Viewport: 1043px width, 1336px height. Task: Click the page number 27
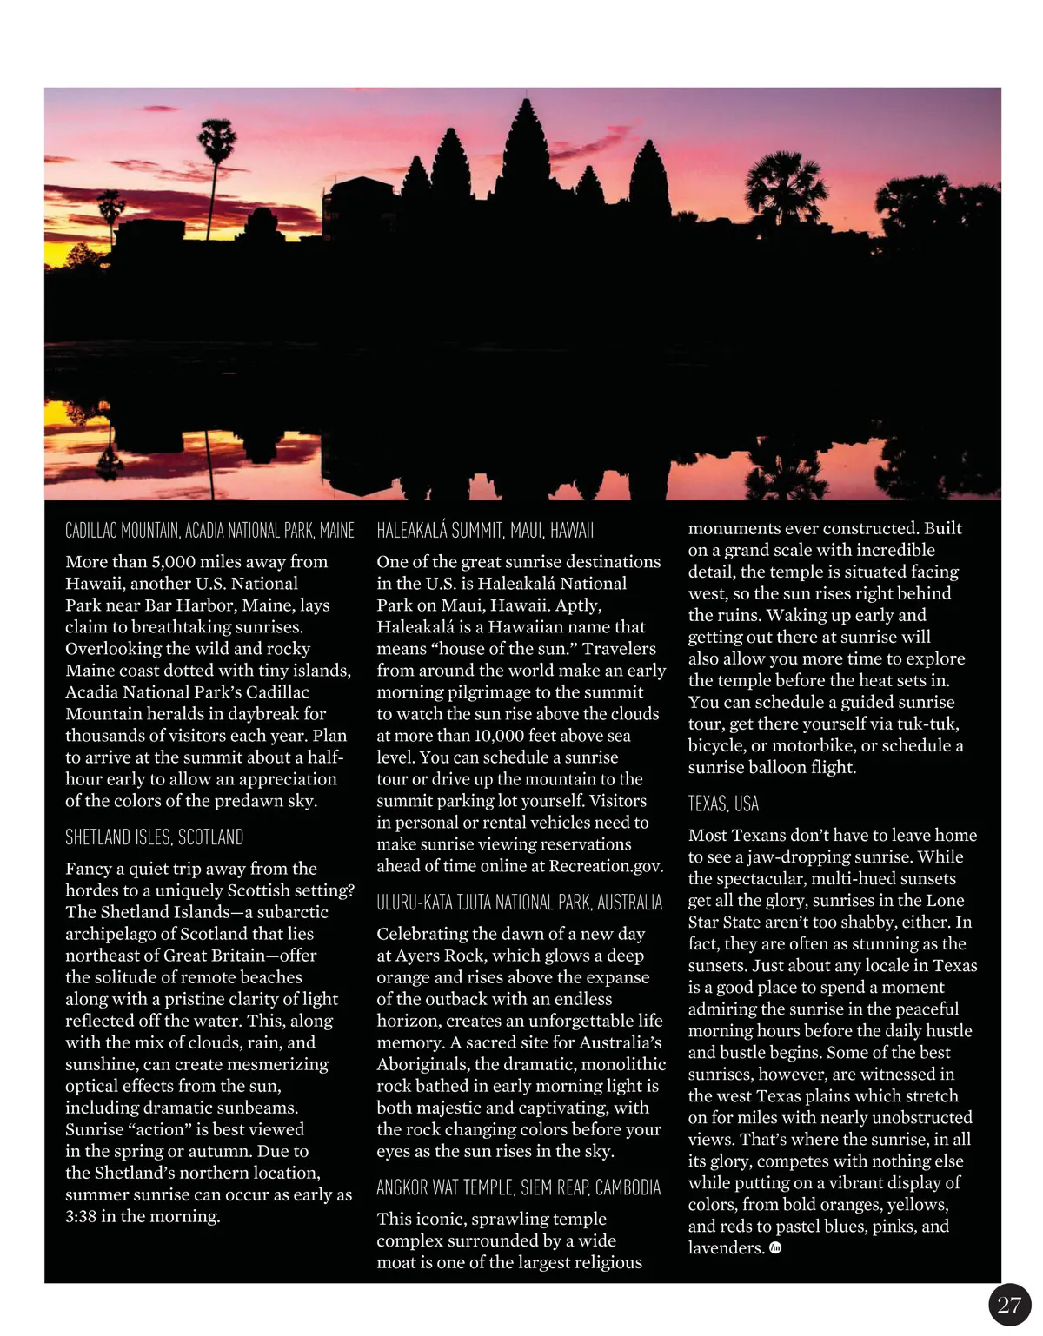pyautogui.click(x=1009, y=1305)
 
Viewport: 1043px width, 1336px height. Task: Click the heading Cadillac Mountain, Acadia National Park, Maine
pyautogui.click(x=209, y=531)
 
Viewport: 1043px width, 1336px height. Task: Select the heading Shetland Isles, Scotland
pyautogui.click(x=154, y=837)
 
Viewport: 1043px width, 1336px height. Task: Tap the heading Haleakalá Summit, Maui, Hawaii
pyautogui.click(x=485, y=531)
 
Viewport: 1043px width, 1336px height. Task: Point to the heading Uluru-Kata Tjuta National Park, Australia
pyautogui.click(x=519, y=903)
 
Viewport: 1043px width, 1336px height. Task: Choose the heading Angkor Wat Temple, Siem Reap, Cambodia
pyautogui.click(x=518, y=1187)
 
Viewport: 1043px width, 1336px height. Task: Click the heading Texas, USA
pyautogui.click(x=723, y=804)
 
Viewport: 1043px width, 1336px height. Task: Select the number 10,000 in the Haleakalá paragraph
pyautogui.click(x=499, y=736)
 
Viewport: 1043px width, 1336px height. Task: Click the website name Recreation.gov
pyautogui.click(x=606, y=866)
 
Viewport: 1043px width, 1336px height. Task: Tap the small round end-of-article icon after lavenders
pyautogui.click(x=775, y=1248)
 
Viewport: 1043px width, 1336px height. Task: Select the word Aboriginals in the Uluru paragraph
pyautogui.click(x=425, y=1064)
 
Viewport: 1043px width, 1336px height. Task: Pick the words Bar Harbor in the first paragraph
pyautogui.click(x=223, y=605)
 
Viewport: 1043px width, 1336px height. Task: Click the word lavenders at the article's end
pyautogui.click(x=726, y=1248)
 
